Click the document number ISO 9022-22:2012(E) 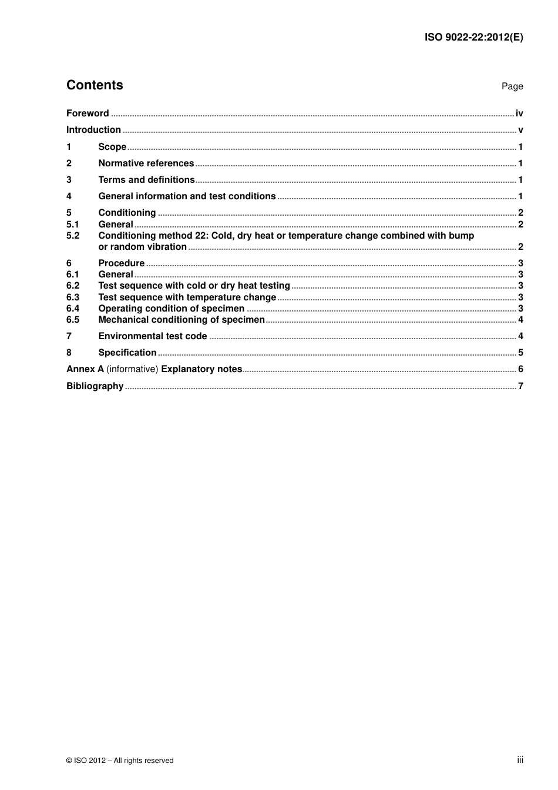click(473, 37)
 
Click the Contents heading click(95, 85)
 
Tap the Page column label click(512, 86)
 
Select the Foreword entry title click(88, 113)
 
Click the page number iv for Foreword click(519, 113)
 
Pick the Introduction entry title click(93, 130)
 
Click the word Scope click(112, 147)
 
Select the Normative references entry click(146, 163)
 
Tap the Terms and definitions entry click(146, 180)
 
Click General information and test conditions click(187, 196)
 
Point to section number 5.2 click(73, 236)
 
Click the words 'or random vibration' click(142, 247)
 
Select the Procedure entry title click(121, 263)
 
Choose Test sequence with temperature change click(187, 297)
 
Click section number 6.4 click(73, 309)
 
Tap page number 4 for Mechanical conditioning click(520, 320)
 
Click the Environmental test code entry click(152, 336)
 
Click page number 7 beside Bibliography click(520, 386)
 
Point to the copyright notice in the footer click(120, 761)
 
